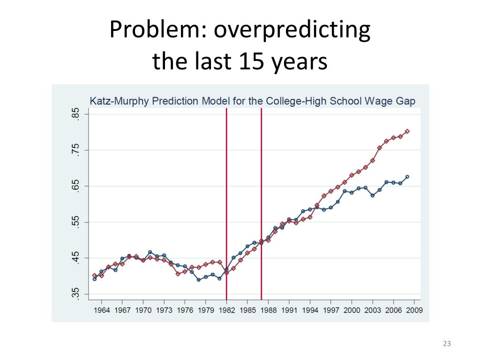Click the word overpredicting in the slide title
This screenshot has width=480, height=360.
click(292, 31)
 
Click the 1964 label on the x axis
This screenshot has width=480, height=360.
click(102, 310)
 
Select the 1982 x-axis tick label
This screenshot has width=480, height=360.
click(226, 310)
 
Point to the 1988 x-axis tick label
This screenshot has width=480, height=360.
click(268, 310)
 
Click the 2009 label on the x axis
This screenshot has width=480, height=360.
click(414, 310)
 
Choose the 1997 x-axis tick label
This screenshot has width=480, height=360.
click(330, 310)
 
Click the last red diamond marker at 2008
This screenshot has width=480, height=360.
click(407, 131)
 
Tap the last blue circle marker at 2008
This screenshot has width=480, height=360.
click(407, 177)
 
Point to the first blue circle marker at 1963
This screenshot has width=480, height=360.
click(95, 279)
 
